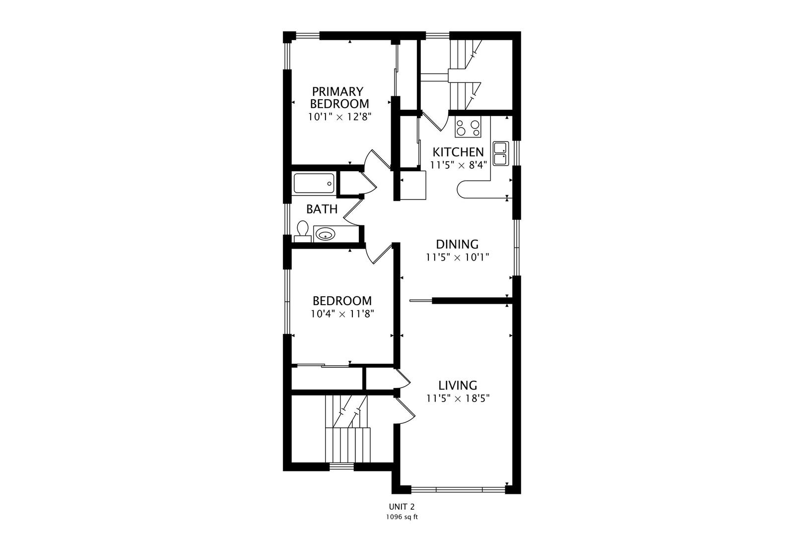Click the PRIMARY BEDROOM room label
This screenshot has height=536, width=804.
[339, 98]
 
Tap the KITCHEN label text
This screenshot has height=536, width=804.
[458, 152]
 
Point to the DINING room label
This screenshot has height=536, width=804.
[457, 244]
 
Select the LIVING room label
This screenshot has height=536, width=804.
[458, 385]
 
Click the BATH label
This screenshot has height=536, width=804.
[322, 209]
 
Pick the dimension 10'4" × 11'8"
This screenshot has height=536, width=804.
[342, 314]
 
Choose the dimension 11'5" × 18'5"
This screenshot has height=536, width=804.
[458, 399]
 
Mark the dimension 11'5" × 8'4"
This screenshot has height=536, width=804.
[459, 165]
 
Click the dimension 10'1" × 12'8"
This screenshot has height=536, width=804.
[339, 117]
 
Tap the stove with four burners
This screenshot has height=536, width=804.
[468, 127]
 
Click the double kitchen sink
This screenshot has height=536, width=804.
[501, 153]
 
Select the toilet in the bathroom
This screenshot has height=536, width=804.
[303, 232]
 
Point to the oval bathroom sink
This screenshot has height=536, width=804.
[325, 235]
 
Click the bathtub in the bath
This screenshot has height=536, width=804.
[315, 184]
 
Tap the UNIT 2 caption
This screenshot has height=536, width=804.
[402, 507]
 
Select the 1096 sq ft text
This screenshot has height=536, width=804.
[402, 517]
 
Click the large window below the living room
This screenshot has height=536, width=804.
[458, 489]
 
